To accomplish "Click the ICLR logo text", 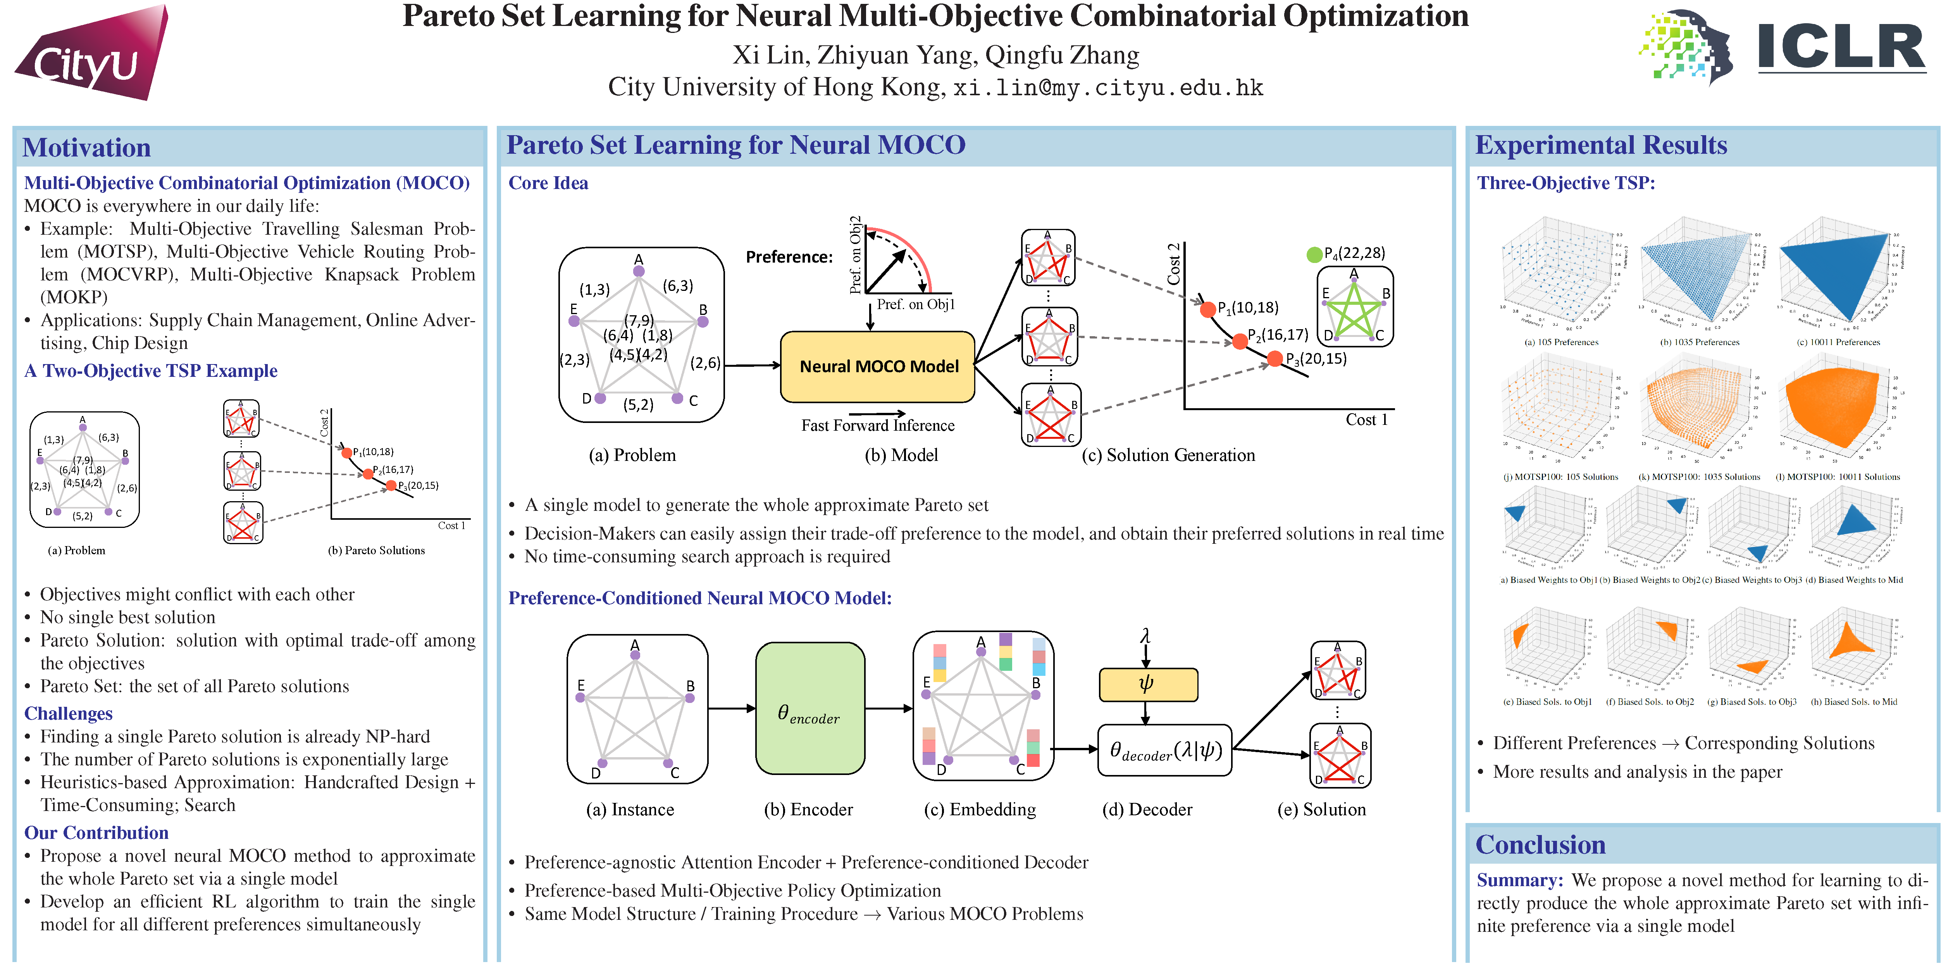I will [1841, 47].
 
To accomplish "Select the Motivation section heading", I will [86, 147].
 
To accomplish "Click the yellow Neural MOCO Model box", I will [878, 367].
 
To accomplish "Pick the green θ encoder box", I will [810, 708].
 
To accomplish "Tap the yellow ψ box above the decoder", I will [1148, 684].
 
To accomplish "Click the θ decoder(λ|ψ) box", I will [1165, 750].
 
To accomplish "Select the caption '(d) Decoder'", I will [1146, 809].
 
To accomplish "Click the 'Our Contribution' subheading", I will [96, 833].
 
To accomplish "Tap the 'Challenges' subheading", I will [68, 714].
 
